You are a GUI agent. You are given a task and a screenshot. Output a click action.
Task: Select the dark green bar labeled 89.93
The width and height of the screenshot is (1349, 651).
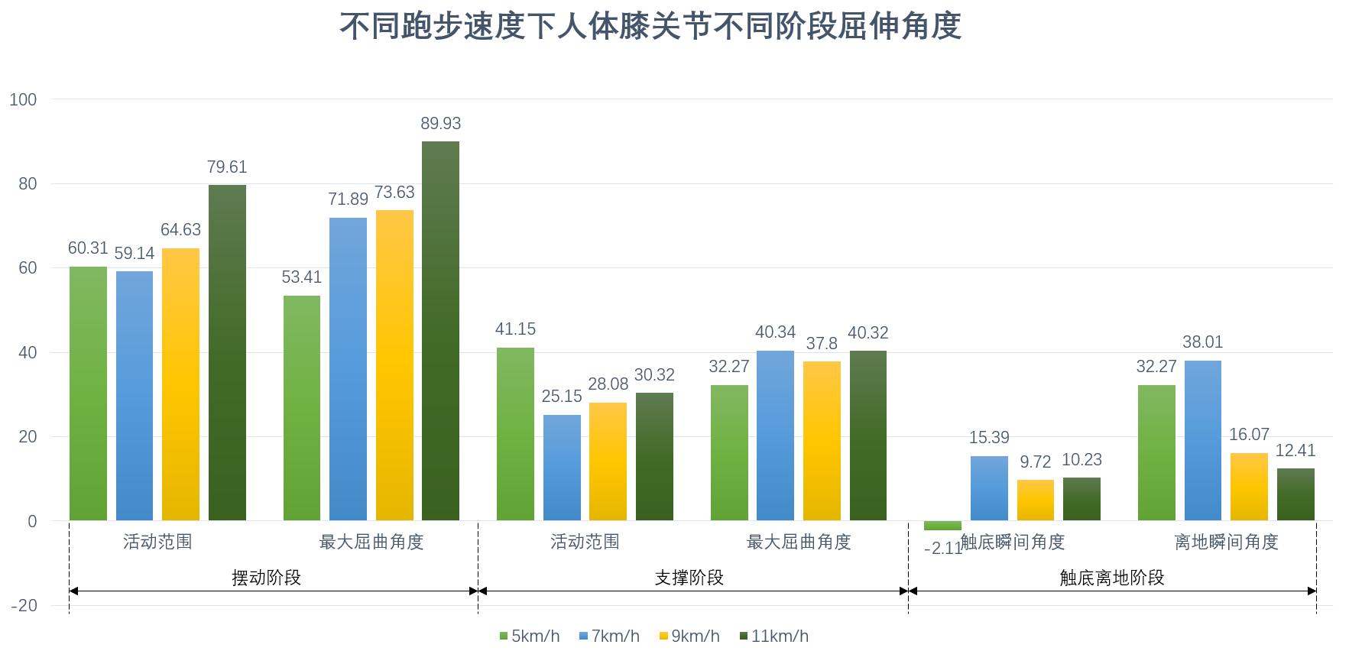tap(440, 331)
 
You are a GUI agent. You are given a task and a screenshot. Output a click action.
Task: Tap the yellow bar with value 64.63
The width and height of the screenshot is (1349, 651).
tap(180, 384)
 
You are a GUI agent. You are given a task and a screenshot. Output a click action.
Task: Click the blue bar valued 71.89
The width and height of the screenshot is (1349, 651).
tap(348, 369)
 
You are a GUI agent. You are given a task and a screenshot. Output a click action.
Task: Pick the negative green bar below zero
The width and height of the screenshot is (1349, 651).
tap(942, 526)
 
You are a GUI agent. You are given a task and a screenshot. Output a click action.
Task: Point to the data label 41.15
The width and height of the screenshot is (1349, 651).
tap(515, 329)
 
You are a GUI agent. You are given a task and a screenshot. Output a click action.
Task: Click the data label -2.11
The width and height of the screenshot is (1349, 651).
tap(942, 549)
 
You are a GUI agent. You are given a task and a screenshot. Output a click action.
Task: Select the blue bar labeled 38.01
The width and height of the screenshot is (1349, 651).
tap(1203, 440)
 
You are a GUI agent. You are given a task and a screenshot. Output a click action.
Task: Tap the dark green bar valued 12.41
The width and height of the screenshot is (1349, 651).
tap(1295, 494)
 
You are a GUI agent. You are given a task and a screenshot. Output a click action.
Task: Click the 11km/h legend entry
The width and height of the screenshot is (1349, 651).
tap(773, 636)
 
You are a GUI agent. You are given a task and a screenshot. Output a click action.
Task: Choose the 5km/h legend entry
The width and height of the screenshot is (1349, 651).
tap(529, 636)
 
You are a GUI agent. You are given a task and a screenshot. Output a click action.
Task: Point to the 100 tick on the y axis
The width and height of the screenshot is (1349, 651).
tap(23, 99)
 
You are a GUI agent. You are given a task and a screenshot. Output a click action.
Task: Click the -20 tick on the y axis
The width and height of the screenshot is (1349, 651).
tap(23, 606)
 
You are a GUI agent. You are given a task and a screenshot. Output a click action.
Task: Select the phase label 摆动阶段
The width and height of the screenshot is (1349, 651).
tap(266, 578)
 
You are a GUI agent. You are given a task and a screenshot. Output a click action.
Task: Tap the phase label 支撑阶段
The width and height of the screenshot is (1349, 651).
tap(689, 578)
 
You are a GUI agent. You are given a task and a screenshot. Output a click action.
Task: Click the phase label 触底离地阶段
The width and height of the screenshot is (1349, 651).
tap(1111, 578)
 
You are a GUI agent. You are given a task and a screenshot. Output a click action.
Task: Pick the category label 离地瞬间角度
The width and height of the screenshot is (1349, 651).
tap(1226, 542)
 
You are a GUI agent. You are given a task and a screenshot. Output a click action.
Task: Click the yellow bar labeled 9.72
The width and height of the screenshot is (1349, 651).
tap(1036, 500)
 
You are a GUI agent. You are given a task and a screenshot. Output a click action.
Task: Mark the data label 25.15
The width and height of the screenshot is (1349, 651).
tap(562, 397)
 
